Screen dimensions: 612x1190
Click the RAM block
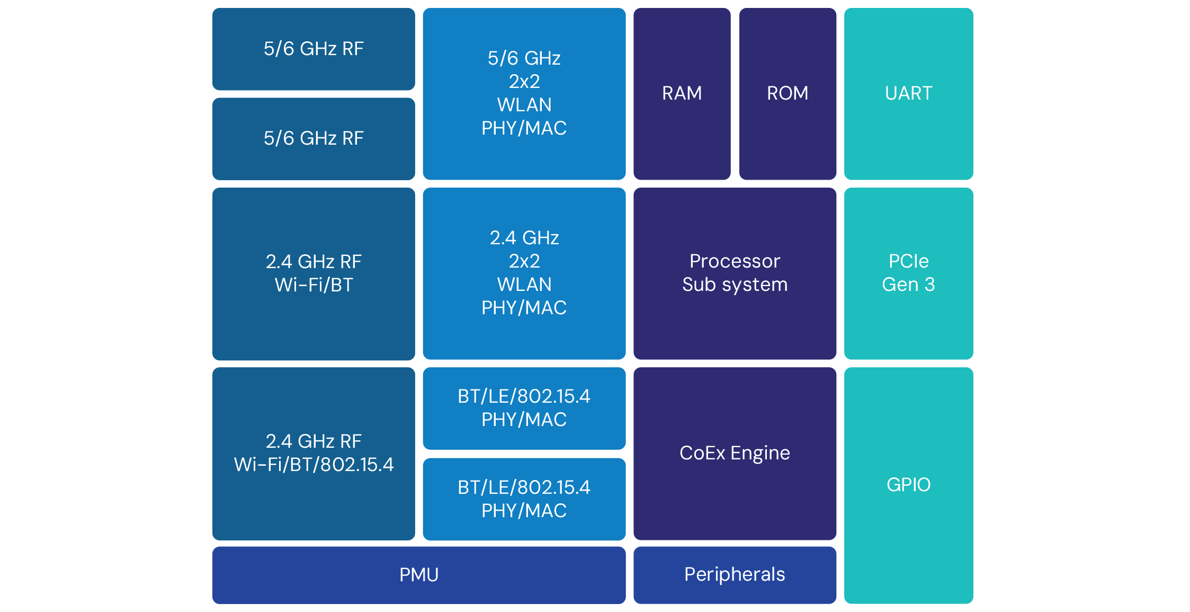click(682, 93)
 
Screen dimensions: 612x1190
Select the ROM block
click(788, 93)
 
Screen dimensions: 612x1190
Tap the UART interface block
click(908, 93)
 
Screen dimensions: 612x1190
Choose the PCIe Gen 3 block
click(908, 273)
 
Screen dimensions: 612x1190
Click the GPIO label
click(908, 485)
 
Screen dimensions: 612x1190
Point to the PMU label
click(419, 575)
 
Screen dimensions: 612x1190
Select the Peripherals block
click(735, 575)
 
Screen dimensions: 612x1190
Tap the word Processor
click(735, 261)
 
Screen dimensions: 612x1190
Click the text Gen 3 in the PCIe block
click(908, 285)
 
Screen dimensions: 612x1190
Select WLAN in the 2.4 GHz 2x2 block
click(524, 285)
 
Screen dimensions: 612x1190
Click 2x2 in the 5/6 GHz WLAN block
click(524, 82)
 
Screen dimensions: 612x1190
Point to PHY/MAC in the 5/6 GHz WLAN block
click(524, 128)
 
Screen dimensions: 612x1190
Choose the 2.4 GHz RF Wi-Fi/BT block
click(314, 273)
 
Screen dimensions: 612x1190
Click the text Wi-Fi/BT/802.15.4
click(314, 465)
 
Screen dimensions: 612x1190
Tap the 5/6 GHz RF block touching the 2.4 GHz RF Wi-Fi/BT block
click(314, 138)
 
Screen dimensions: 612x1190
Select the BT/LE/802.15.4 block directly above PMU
click(524, 499)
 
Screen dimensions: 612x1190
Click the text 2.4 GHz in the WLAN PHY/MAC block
click(524, 238)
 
